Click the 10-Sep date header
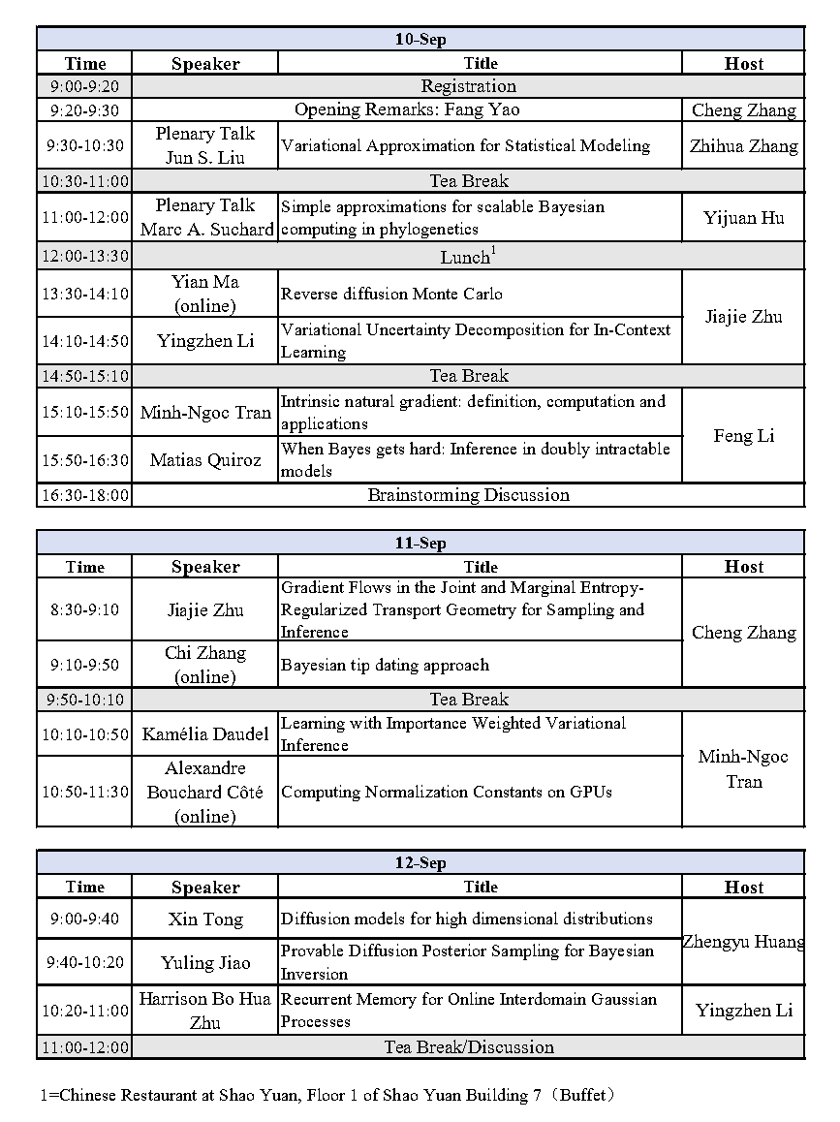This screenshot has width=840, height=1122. pos(420,40)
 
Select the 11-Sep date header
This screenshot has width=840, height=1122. pos(420,544)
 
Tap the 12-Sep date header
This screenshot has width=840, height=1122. pos(420,863)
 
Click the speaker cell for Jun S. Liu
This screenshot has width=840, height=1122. pos(204,146)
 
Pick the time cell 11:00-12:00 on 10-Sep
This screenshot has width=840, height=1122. pos(85,217)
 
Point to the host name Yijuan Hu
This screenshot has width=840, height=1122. pos(743,218)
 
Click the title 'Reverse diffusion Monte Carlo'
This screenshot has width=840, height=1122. pos(391,294)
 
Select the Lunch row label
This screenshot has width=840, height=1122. pos(468,257)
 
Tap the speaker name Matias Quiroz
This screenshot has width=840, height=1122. pos(204,460)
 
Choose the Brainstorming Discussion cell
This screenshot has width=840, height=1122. pos(468,495)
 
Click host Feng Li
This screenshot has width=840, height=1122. pos(743,436)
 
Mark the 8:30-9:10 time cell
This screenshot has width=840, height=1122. pos(85,610)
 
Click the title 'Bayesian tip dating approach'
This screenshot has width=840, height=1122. pos(385,665)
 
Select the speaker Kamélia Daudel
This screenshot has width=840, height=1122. pos(204,734)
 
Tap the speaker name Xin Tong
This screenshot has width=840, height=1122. pos(204,919)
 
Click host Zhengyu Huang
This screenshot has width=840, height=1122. pos(743,941)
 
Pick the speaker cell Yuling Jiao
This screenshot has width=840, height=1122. pos(204,963)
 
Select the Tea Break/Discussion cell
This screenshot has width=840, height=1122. pos(468,1047)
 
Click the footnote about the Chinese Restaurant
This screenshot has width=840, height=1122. pos(327,1096)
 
